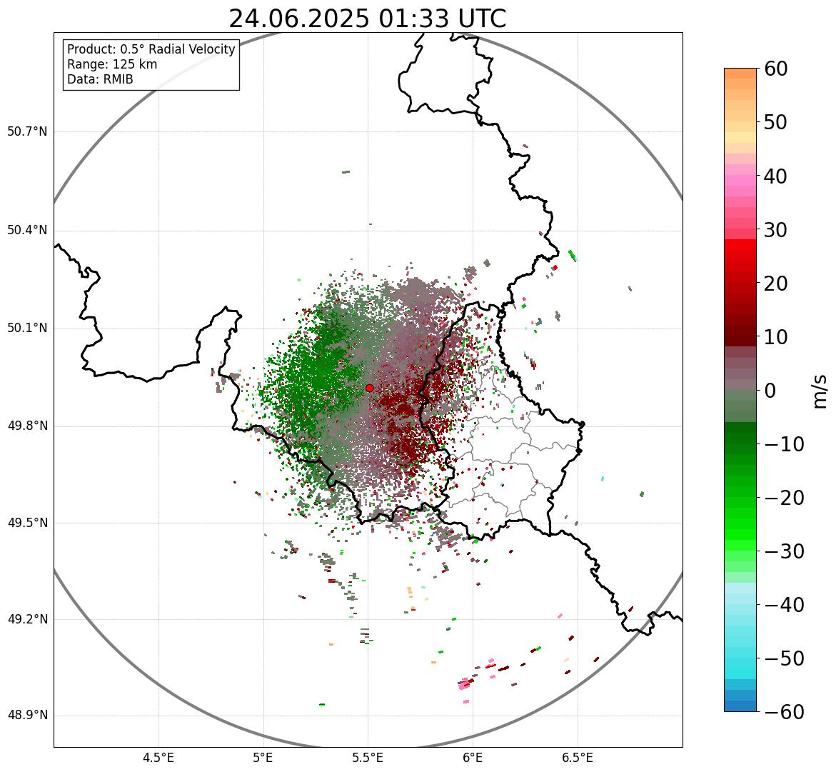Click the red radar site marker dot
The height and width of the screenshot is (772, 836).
[x=369, y=388]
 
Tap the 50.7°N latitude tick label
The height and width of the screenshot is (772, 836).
[x=27, y=132]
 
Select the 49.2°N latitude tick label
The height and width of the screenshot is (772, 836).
[x=27, y=619]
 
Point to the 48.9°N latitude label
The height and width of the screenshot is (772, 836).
[x=27, y=716]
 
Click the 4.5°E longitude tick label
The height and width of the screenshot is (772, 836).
[x=158, y=758]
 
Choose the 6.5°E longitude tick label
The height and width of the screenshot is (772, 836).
[x=577, y=758]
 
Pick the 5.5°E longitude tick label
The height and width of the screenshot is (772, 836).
[x=368, y=758]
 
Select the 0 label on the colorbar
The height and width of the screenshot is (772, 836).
[x=771, y=391]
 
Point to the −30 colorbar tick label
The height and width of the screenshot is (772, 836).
[x=784, y=551]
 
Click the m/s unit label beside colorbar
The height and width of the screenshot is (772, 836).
[x=820, y=391]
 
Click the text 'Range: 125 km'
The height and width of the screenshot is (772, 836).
[x=112, y=64]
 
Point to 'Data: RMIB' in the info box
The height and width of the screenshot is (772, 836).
[x=100, y=79]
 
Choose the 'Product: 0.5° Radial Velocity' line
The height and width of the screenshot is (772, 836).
[x=151, y=49]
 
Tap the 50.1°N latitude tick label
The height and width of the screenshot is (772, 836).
[x=27, y=329]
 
